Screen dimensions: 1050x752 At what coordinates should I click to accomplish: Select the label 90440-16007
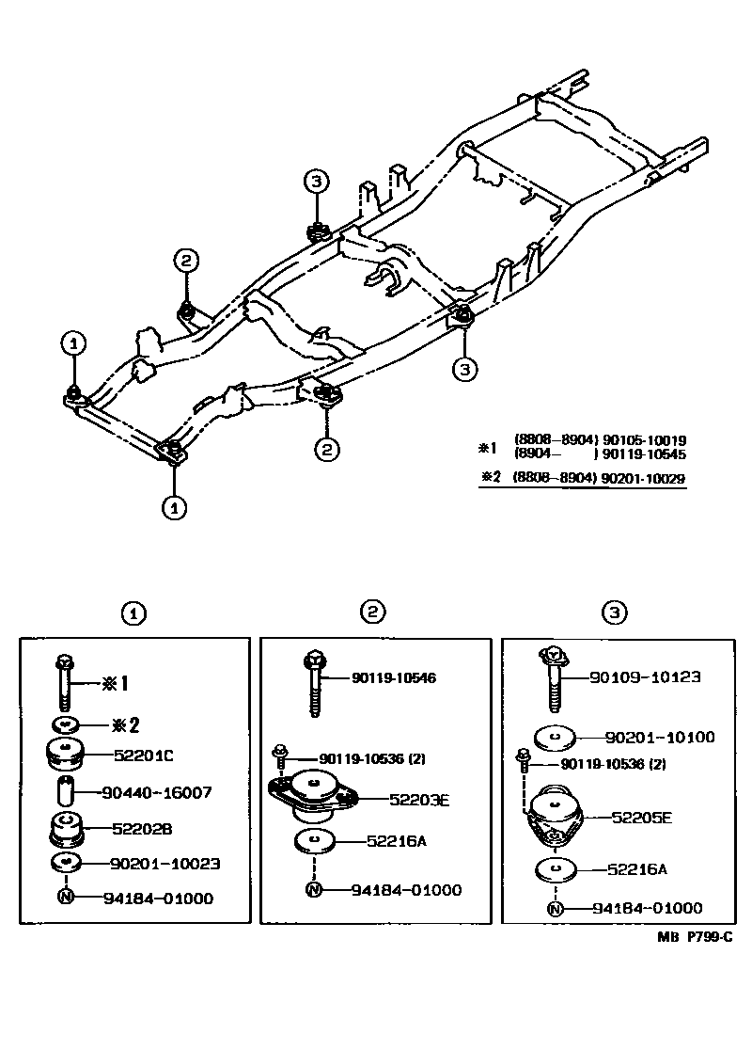[158, 793]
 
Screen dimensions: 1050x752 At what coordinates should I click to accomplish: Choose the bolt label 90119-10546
[395, 677]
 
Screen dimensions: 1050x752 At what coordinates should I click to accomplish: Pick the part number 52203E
[419, 800]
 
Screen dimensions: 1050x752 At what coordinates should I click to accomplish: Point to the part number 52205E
[641, 818]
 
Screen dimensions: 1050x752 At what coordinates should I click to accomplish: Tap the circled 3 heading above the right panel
[614, 613]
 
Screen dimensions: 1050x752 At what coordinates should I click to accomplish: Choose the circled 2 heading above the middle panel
[373, 612]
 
